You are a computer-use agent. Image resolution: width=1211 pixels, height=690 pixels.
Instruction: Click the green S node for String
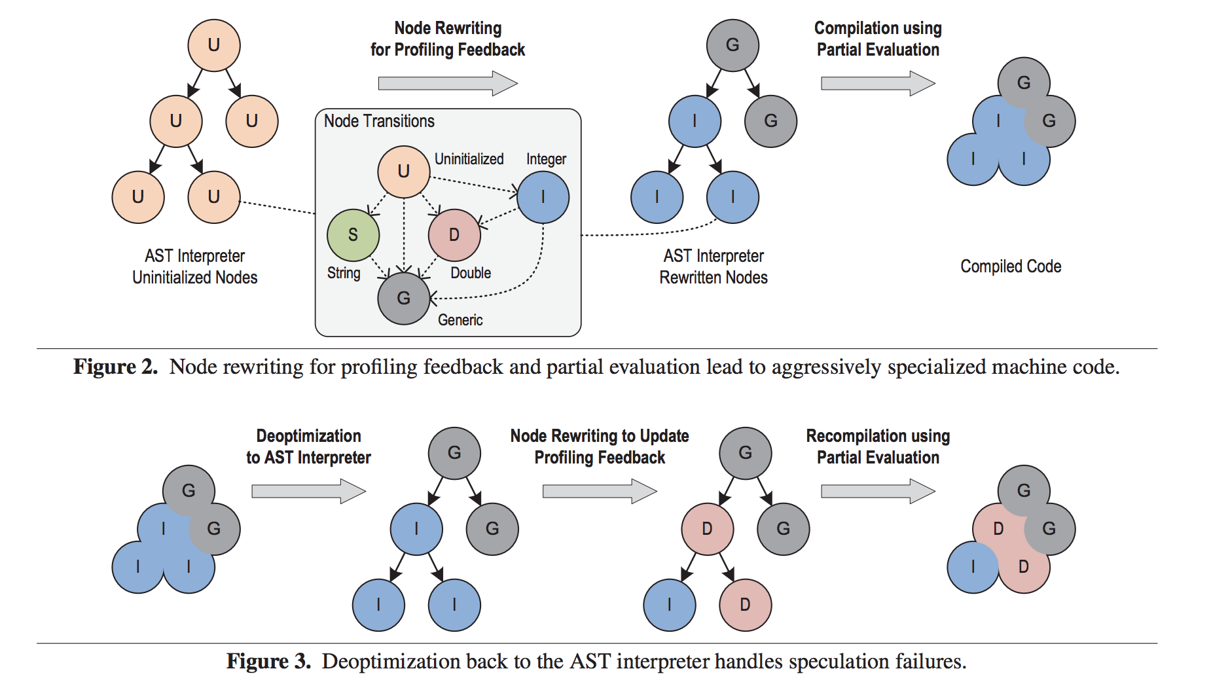pyautogui.click(x=353, y=235)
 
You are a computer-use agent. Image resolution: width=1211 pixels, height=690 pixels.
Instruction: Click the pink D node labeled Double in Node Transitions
pyautogui.click(x=454, y=235)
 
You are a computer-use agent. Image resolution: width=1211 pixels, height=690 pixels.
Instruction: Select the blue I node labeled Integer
pyautogui.click(x=543, y=197)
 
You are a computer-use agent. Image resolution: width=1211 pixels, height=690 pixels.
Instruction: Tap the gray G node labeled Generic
pyautogui.click(x=404, y=299)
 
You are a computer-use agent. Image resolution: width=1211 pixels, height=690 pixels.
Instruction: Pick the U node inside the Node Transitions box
pyautogui.click(x=404, y=172)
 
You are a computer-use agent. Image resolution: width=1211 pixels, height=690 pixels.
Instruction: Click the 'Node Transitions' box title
pyautogui.click(x=379, y=121)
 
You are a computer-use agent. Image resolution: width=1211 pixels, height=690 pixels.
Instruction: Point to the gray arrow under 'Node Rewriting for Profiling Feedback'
pyautogui.click(x=448, y=83)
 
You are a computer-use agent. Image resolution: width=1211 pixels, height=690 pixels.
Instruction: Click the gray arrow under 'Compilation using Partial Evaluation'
pyautogui.click(x=878, y=83)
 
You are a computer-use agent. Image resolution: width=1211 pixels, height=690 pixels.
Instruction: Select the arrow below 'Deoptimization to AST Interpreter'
pyautogui.click(x=308, y=491)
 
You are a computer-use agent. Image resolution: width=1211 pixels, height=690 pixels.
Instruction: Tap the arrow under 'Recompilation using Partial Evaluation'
pyautogui.click(x=878, y=491)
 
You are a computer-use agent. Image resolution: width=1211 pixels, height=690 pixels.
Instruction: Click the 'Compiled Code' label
pyautogui.click(x=1011, y=266)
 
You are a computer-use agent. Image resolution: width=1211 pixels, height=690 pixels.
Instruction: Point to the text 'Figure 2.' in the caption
pyautogui.click(x=115, y=367)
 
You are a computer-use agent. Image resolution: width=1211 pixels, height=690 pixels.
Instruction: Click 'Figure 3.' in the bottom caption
pyautogui.click(x=268, y=661)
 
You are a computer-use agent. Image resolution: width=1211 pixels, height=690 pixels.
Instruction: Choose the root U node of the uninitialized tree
pyautogui.click(x=214, y=45)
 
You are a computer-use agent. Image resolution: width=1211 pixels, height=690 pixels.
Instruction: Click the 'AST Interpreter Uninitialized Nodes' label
pyautogui.click(x=195, y=266)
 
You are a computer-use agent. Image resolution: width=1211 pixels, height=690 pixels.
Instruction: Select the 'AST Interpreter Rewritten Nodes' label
pyautogui.click(x=714, y=266)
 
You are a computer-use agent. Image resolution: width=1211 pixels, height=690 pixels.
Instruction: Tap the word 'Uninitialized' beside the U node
pyautogui.click(x=469, y=159)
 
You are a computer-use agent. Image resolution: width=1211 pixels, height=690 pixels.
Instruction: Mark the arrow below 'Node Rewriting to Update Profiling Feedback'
pyautogui.click(x=600, y=491)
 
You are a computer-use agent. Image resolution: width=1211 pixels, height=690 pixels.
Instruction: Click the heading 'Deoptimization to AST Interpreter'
pyautogui.click(x=308, y=446)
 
